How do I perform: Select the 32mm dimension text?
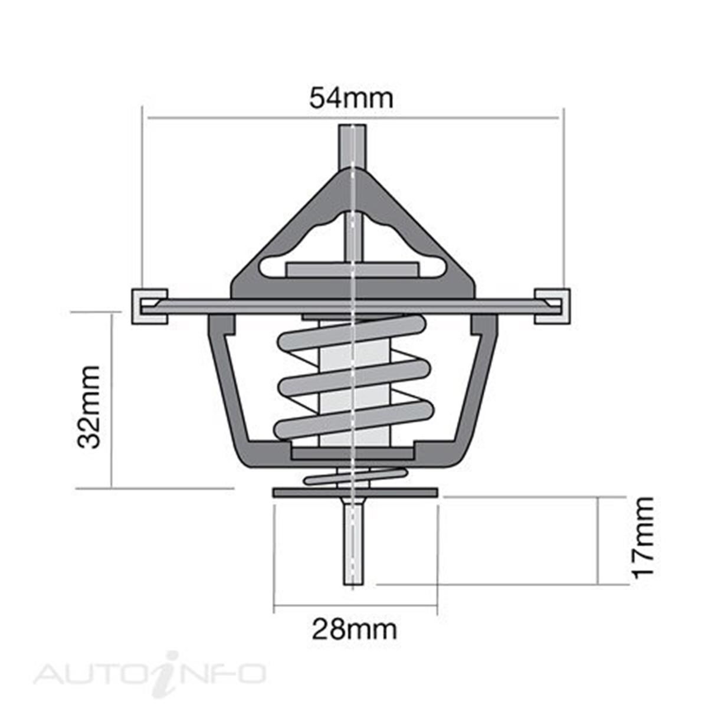(x=90, y=407)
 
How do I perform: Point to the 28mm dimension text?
(x=354, y=630)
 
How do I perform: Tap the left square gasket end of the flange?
(x=149, y=306)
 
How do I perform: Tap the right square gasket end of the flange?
(x=552, y=306)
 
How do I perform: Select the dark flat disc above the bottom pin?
(x=354, y=492)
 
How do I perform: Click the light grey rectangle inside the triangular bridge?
(x=352, y=270)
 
